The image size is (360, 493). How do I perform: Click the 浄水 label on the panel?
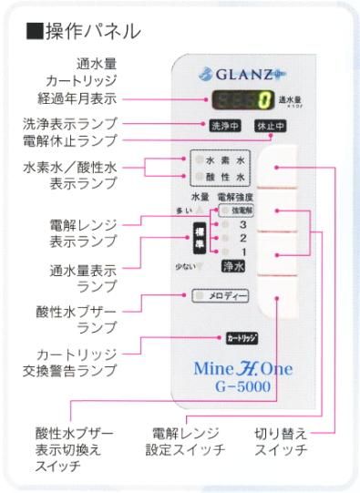click(x=232, y=267)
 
